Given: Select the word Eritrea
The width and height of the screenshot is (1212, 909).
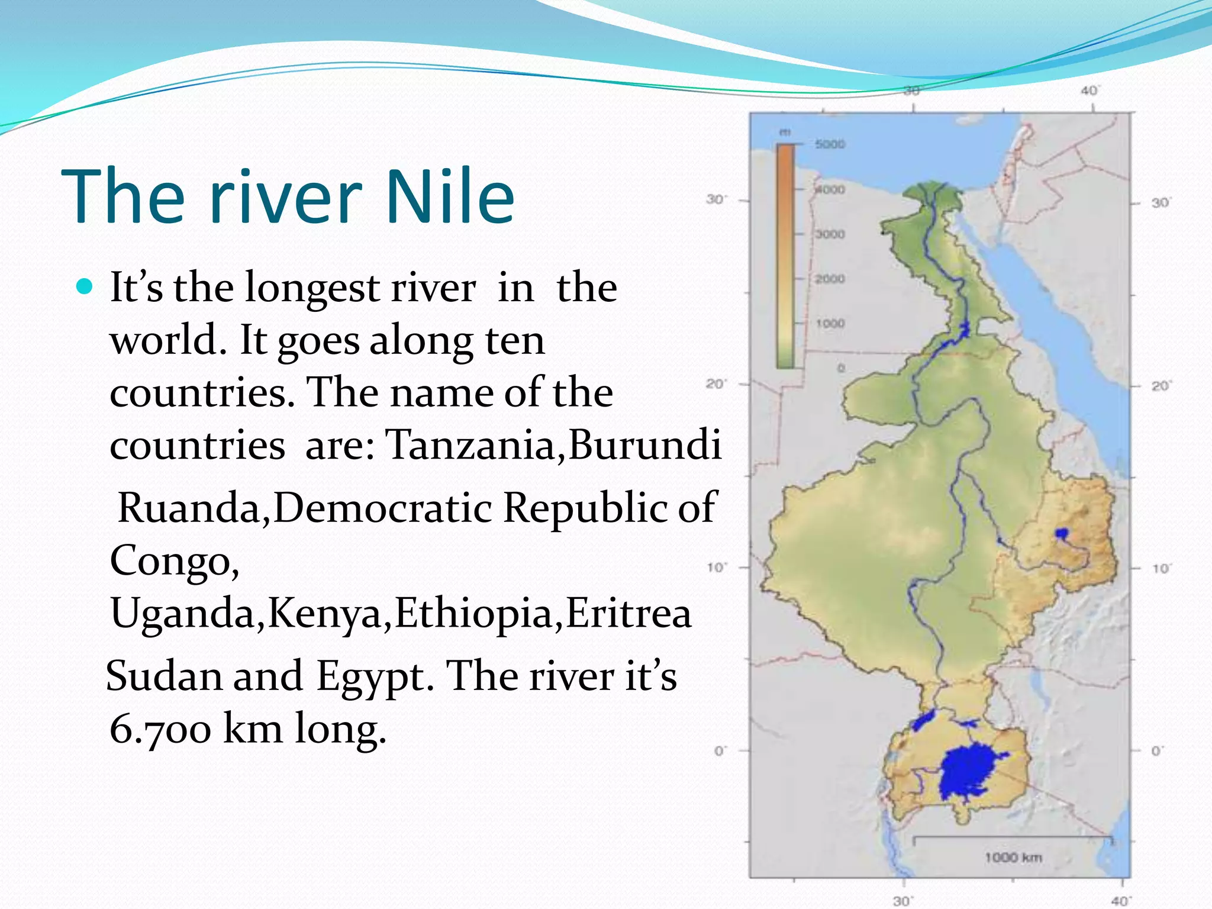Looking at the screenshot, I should pos(628,613).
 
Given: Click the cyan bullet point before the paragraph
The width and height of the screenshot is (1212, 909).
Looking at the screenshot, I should pos(85,288).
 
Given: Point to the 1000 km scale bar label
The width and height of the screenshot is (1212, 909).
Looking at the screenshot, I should pos(1013,857).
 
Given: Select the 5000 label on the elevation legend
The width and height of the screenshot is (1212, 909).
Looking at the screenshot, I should pos(830,144).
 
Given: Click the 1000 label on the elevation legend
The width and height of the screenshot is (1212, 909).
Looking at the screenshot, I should pos(830,324).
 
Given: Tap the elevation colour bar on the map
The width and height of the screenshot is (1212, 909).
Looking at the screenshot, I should pos(785,254).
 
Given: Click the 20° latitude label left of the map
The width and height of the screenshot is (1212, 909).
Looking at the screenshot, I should pos(715,384).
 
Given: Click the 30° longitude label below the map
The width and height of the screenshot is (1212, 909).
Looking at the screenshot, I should pos(901,901).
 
